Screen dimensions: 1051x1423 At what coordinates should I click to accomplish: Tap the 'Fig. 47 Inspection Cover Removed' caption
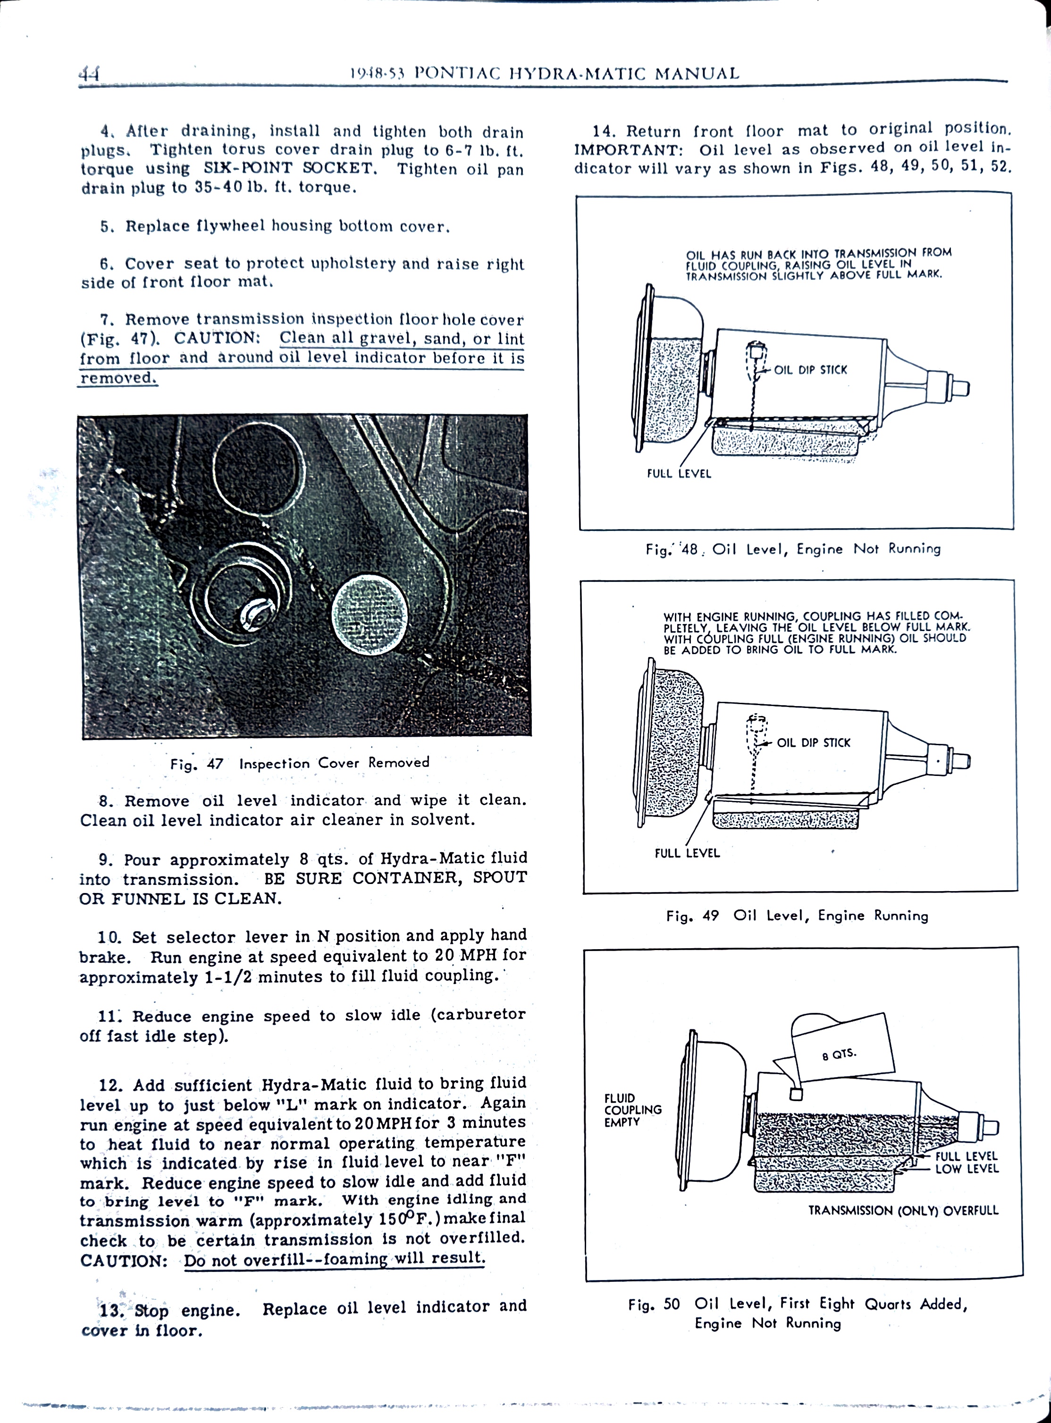pyautogui.click(x=300, y=763)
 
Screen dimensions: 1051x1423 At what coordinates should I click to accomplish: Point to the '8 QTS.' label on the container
pyautogui.click(x=839, y=1055)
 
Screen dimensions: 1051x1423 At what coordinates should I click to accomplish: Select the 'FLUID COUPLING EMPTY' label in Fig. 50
pyautogui.click(x=633, y=1110)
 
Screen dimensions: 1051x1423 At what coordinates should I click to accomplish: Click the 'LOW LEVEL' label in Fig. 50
pyautogui.click(x=967, y=1169)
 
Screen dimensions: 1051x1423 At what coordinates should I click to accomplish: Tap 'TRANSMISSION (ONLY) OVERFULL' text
pyautogui.click(x=903, y=1211)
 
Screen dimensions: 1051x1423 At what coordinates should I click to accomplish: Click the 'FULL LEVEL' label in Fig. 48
pyautogui.click(x=679, y=473)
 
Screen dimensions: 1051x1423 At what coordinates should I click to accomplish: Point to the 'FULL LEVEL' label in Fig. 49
pyautogui.click(x=687, y=853)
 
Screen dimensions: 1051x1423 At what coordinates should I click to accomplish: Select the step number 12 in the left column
pyautogui.click(x=109, y=1085)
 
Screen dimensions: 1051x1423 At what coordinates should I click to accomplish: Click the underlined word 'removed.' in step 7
pyautogui.click(x=118, y=378)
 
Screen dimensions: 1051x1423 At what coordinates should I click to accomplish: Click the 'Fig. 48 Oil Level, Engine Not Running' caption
pyautogui.click(x=793, y=549)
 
